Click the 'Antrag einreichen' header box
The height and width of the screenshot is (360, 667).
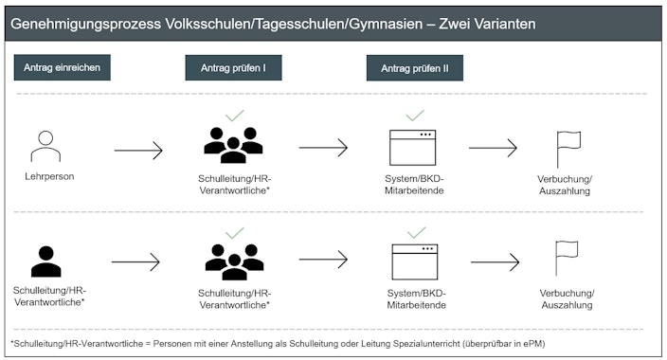pyautogui.click(x=63, y=67)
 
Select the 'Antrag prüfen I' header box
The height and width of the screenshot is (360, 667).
pyautogui.click(x=233, y=67)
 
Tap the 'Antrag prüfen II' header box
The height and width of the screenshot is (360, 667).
pyautogui.click(x=415, y=67)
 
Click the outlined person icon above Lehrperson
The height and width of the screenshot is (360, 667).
pyautogui.click(x=45, y=147)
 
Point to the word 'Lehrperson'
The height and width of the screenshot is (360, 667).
pyautogui.click(x=49, y=176)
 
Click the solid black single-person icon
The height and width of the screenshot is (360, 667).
pyautogui.click(x=45, y=261)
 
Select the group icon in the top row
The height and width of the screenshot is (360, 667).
pyautogui.click(x=233, y=145)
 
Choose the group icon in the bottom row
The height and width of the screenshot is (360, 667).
pyautogui.click(x=234, y=261)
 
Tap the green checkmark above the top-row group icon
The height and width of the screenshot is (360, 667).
pyautogui.click(x=234, y=116)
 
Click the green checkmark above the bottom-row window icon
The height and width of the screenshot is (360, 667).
pyautogui.click(x=416, y=232)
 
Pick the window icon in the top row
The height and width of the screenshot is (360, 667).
pyautogui.click(x=413, y=147)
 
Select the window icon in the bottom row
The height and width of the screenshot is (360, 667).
pyautogui.click(x=414, y=261)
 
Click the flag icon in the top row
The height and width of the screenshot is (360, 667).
pyautogui.click(x=568, y=148)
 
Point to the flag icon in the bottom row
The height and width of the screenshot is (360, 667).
pyautogui.click(x=567, y=259)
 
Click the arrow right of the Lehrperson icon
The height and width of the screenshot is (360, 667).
pyautogui.click(x=138, y=150)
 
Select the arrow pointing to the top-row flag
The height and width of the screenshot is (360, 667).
pyautogui.click(x=493, y=148)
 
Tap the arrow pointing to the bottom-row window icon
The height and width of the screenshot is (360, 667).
pyautogui.click(x=324, y=261)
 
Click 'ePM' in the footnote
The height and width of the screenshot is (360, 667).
pyautogui.click(x=535, y=342)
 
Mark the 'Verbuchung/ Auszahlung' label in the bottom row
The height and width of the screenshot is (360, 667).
pyautogui.click(x=567, y=299)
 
